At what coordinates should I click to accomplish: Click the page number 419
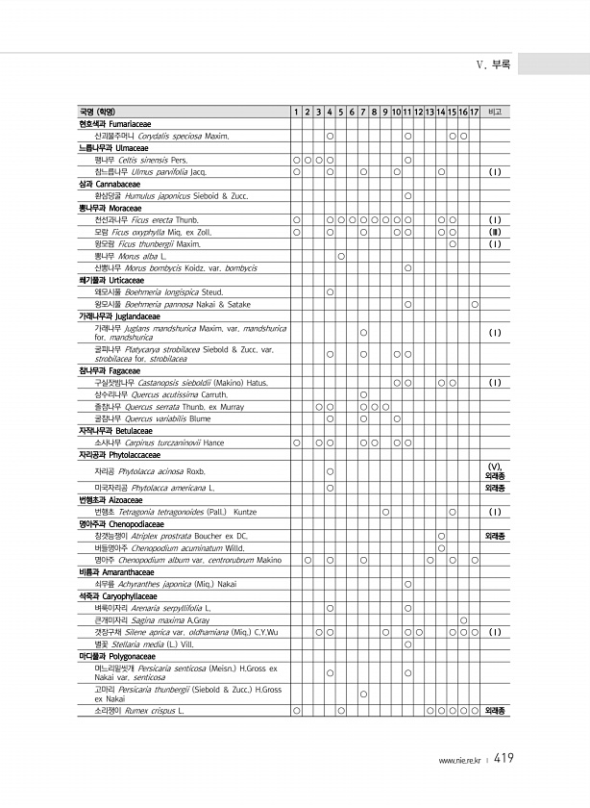coord(504,759)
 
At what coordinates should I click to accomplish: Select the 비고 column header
coord(496,113)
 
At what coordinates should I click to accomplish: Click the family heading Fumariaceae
coord(111,124)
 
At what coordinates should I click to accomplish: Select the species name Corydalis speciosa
coord(174,136)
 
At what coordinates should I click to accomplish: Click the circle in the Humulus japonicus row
coord(408,196)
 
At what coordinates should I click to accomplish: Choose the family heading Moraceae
coord(107,208)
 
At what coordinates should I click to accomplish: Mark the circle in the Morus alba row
coord(341,257)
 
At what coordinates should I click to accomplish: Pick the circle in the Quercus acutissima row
coord(363,394)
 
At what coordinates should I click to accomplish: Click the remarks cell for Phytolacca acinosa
coord(496,470)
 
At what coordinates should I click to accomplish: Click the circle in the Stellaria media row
coord(408,644)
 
